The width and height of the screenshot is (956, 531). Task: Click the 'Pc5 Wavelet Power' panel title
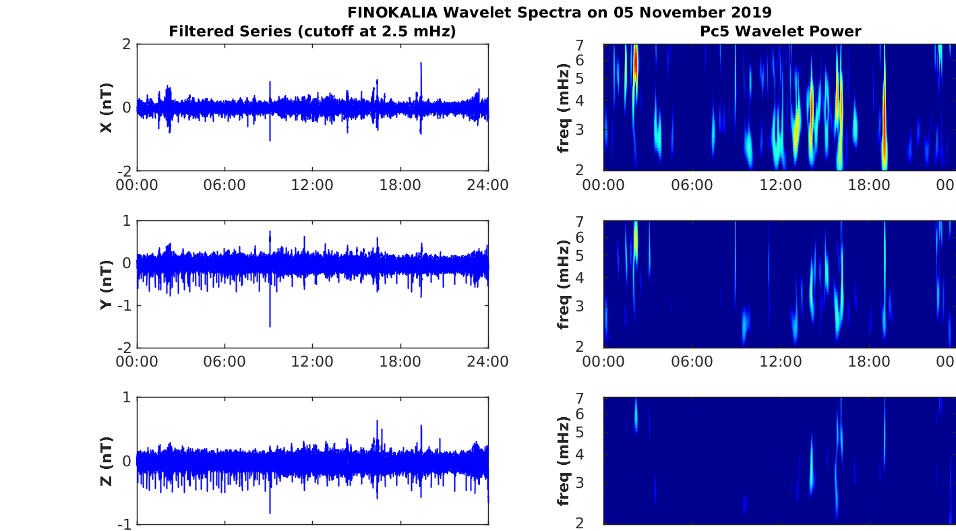point(780,31)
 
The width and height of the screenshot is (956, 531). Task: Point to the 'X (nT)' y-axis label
point(106,108)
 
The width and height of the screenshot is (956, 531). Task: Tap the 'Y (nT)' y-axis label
point(106,284)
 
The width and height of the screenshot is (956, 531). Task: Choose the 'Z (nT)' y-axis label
point(106,461)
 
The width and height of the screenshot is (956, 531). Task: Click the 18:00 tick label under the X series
point(400,185)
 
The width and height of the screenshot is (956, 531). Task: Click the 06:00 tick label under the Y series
point(225,361)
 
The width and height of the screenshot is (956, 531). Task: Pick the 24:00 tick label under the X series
point(488,185)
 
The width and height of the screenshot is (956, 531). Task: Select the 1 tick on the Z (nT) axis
point(127,398)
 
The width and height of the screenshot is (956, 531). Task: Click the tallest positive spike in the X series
point(421,63)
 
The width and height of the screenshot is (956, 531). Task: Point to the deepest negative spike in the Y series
point(270,326)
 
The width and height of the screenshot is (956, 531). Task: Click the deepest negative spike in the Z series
point(270,512)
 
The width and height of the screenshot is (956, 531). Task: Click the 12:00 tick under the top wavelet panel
point(780,185)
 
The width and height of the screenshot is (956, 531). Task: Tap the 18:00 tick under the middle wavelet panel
point(868,361)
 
